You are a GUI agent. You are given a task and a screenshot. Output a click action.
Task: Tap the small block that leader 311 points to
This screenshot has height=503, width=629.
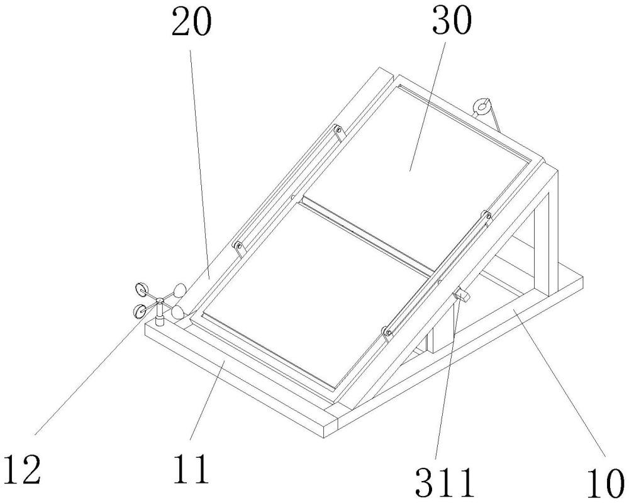tap(462, 294)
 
